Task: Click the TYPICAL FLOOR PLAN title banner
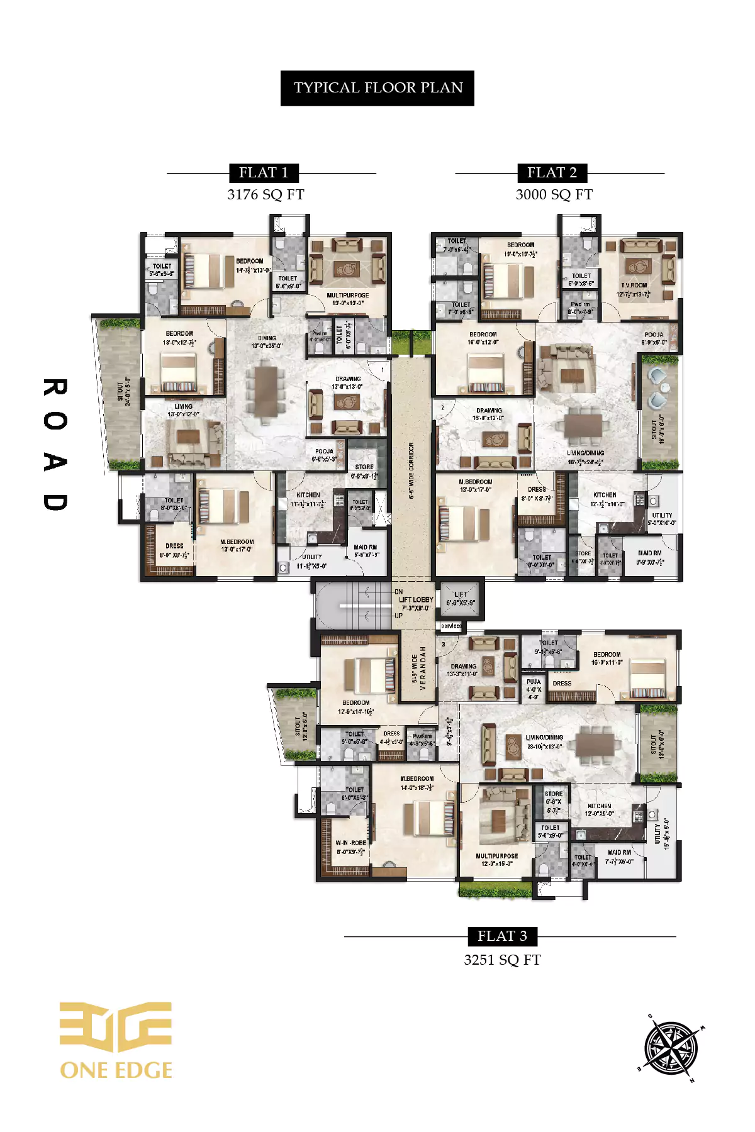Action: tap(377, 88)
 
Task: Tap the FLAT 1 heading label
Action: tap(264, 173)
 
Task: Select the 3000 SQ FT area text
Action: tap(554, 195)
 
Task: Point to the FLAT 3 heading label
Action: tap(502, 936)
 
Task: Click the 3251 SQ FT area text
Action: tap(502, 960)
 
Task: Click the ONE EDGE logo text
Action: tap(116, 1070)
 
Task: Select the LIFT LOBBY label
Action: tap(416, 600)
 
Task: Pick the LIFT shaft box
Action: tap(461, 598)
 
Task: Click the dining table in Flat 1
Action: tap(266, 391)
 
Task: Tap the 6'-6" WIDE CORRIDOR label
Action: tap(411, 470)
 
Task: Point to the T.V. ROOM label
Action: tap(634, 286)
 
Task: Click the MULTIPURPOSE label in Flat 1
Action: tap(347, 296)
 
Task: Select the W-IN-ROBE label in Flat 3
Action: tap(350, 843)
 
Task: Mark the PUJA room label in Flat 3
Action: tap(534, 682)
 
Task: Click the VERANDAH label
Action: tap(423, 668)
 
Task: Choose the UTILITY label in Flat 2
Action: tap(662, 516)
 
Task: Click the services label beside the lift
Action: tap(451, 626)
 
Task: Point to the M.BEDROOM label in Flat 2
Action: tap(476, 482)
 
